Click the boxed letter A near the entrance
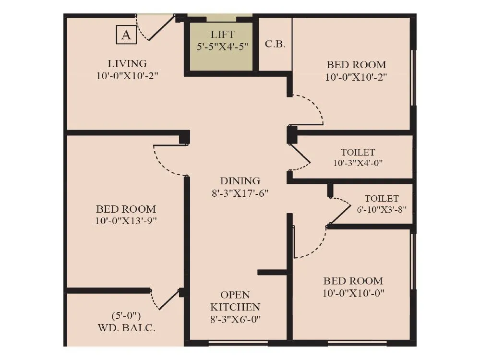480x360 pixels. [126, 35]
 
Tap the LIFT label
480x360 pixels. [222, 35]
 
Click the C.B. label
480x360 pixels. [275, 44]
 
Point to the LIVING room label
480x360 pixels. [127, 63]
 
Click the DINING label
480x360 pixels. [240, 181]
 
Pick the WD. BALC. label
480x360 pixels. [126, 329]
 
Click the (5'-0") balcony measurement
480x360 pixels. [126, 316]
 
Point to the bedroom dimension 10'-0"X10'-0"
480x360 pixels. [353, 293]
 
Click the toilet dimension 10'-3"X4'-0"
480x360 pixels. [358, 163]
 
